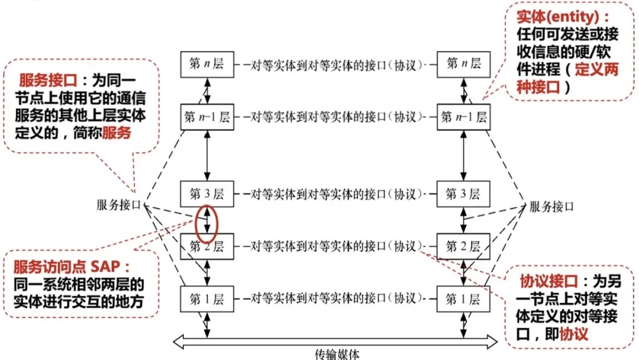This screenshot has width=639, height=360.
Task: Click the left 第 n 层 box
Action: [207, 64]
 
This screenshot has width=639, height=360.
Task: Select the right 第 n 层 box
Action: [463, 64]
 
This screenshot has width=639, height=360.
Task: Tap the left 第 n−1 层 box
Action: [207, 117]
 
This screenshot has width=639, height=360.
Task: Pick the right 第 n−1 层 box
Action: [463, 117]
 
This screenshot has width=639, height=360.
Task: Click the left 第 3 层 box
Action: [207, 194]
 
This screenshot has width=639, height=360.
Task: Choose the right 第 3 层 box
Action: [463, 194]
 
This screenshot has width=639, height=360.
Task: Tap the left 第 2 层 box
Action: [207, 246]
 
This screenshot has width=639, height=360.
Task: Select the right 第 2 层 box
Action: [463, 246]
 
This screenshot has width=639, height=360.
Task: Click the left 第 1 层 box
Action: [207, 299]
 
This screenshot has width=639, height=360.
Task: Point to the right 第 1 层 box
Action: [463, 299]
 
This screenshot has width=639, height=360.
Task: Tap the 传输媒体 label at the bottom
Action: [336, 354]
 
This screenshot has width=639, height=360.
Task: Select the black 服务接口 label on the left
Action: [119, 205]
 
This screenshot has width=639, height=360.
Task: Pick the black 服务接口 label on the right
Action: [551, 207]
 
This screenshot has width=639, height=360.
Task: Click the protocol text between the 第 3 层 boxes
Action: [335, 194]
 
